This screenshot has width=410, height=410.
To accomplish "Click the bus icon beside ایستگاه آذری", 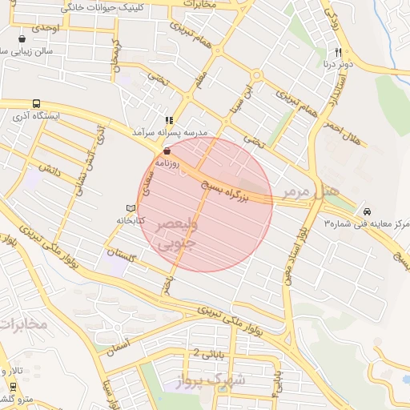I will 36,103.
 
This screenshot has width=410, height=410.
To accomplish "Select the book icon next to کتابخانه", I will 120,208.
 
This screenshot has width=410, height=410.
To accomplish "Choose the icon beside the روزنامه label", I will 167,151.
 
